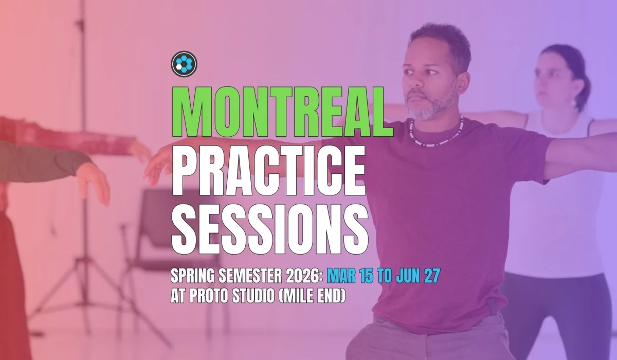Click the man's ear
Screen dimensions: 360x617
(x=463, y=82)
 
